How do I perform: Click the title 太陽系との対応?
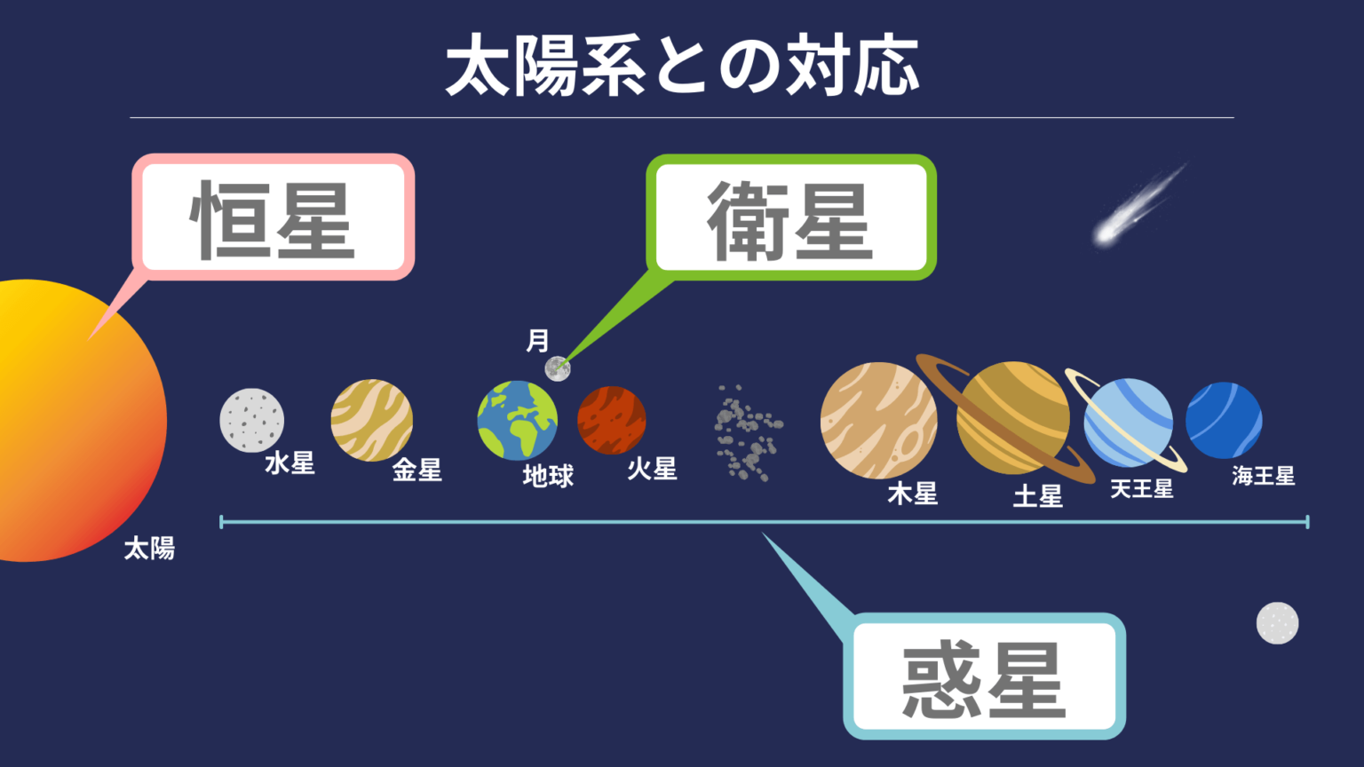tap(682, 67)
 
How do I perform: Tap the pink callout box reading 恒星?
tap(274, 219)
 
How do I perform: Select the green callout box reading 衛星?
tap(790, 219)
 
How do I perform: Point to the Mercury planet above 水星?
tap(252, 420)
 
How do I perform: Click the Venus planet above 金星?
tap(371, 420)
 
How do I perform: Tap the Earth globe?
tap(518, 421)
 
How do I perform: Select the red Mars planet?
tap(611, 420)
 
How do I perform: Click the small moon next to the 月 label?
tap(557, 368)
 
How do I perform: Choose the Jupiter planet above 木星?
tap(877, 420)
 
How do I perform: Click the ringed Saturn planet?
tap(1012, 418)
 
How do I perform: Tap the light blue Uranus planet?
tap(1128, 423)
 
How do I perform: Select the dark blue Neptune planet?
tap(1224, 420)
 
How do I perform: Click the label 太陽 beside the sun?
tap(149, 548)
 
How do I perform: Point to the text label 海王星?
tap(1263, 477)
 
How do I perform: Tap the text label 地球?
tap(548, 477)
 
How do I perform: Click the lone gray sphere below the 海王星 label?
tap(1277, 623)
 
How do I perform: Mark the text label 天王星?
tap(1142, 489)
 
